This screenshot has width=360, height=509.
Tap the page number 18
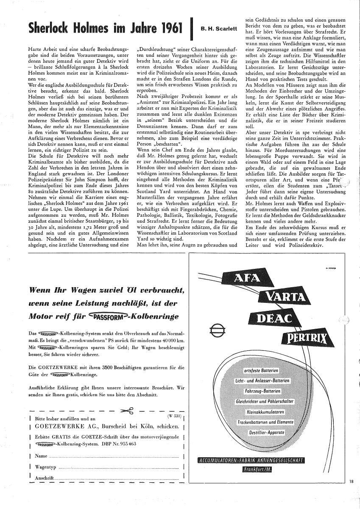coord(352,481)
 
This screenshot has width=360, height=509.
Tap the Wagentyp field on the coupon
coord(119,467)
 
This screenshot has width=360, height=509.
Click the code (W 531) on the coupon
coord(174,416)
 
